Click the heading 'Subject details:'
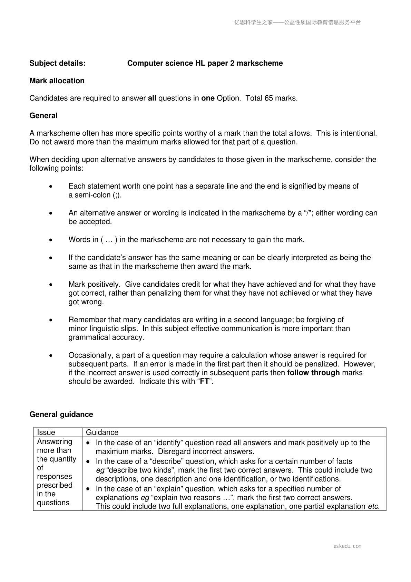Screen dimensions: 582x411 (58, 63)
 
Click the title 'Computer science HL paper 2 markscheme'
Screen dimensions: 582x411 (205, 63)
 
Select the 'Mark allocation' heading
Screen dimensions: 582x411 (57, 81)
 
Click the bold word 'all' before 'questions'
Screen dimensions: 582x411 (152, 98)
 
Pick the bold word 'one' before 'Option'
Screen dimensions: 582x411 (208, 98)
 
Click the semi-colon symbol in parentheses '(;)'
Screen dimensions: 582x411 (117, 195)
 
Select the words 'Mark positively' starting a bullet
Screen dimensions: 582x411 (94, 284)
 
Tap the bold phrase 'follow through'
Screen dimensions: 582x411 (313, 373)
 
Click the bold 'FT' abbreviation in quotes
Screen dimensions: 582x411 (204, 382)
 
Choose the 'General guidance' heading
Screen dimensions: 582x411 (61, 414)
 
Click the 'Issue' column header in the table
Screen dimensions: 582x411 (46, 432)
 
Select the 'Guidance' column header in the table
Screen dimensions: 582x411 (102, 432)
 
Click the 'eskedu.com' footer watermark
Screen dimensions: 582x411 (348, 546)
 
